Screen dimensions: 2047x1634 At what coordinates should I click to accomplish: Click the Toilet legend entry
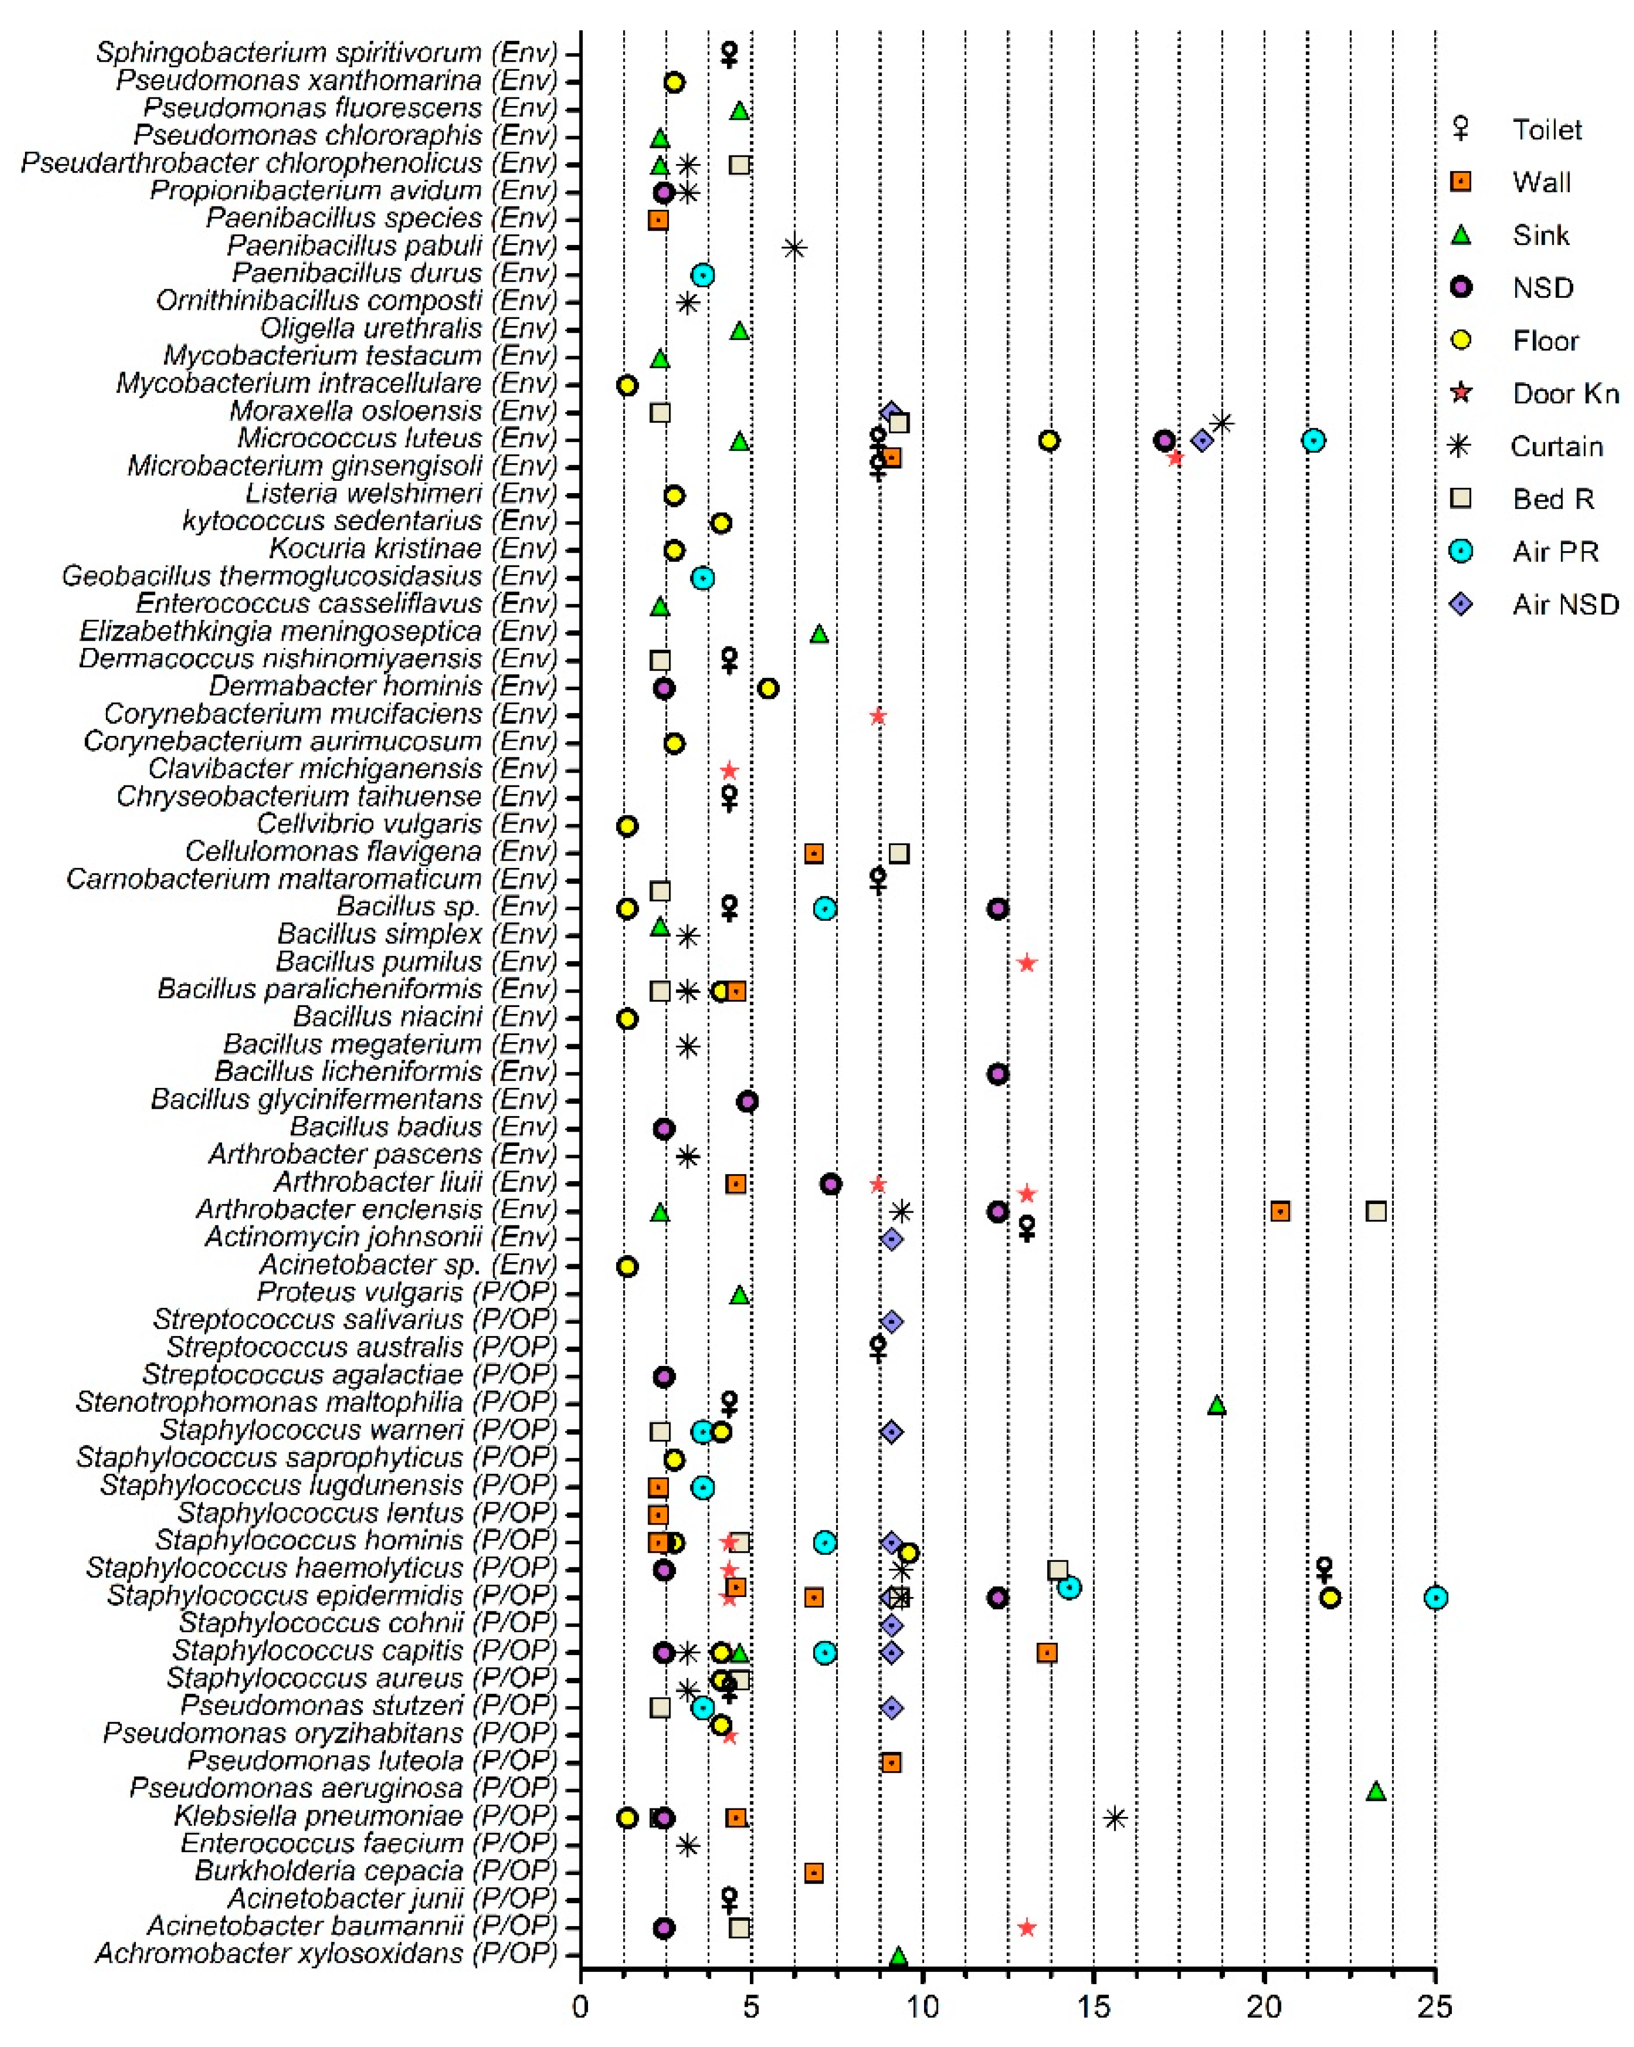point(1546,130)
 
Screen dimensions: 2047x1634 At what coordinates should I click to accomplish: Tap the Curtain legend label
point(1556,446)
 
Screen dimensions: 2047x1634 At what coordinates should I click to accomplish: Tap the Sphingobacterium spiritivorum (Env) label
point(326,52)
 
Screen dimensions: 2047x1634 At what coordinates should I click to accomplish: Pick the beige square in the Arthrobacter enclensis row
point(1376,1211)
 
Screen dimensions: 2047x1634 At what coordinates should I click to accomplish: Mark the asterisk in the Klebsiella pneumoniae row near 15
point(1116,1818)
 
